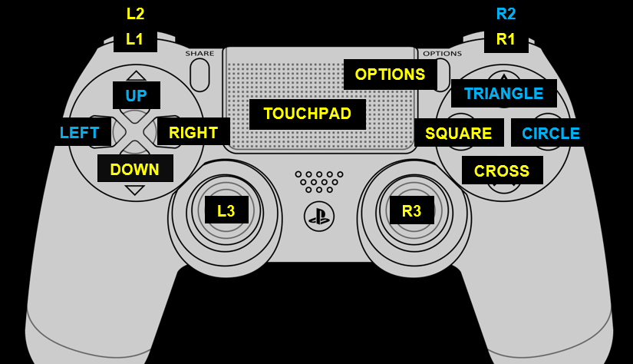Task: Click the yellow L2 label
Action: point(135,13)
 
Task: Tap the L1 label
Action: point(135,39)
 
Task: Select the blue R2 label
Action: point(506,13)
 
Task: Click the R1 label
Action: point(506,39)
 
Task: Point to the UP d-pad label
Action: point(136,95)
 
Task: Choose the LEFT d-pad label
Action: point(79,132)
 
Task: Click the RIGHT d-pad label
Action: point(193,132)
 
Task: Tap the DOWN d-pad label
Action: point(135,169)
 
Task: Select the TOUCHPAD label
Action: point(307,114)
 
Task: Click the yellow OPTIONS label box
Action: point(390,74)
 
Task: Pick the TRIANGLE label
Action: point(503,93)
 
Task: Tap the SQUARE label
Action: point(459,133)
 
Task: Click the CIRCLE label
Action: point(551,133)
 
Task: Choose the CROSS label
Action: point(502,170)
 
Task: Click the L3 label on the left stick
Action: point(226,210)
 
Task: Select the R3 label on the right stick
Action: point(412,210)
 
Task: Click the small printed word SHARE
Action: point(199,54)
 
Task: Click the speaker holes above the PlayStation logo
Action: point(318,181)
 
